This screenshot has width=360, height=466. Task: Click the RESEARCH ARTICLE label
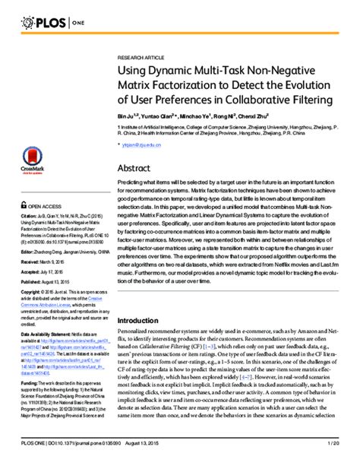tap(141, 58)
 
